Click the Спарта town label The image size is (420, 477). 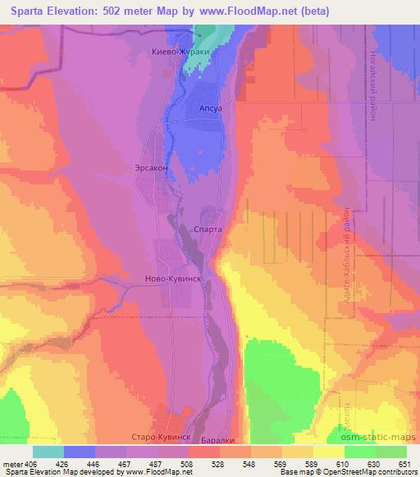tap(208, 230)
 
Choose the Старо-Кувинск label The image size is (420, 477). tap(161, 438)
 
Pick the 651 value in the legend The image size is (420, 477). tap(405, 464)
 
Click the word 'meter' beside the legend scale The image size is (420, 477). tap(13, 464)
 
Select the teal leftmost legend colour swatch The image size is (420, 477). tap(48, 452)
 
